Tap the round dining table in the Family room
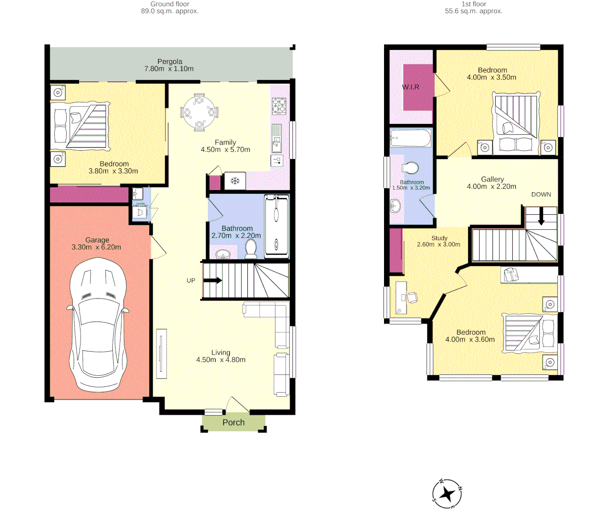point(199,112)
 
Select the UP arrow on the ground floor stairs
point(212,280)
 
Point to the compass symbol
point(447,494)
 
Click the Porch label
point(233,423)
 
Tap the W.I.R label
point(410,87)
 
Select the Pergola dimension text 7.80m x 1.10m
point(169,69)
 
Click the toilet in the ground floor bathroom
point(251,248)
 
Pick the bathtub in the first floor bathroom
point(410,138)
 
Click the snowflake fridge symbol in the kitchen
point(235,181)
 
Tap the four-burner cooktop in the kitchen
point(279,105)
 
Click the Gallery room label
point(492,179)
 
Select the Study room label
point(439,238)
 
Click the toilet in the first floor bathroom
point(410,168)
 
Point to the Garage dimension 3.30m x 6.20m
point(96,247)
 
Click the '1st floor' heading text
point(473,4)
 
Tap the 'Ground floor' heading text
point(169,4)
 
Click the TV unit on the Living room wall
point(161,354)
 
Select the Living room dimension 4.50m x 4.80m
point(221,360)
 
